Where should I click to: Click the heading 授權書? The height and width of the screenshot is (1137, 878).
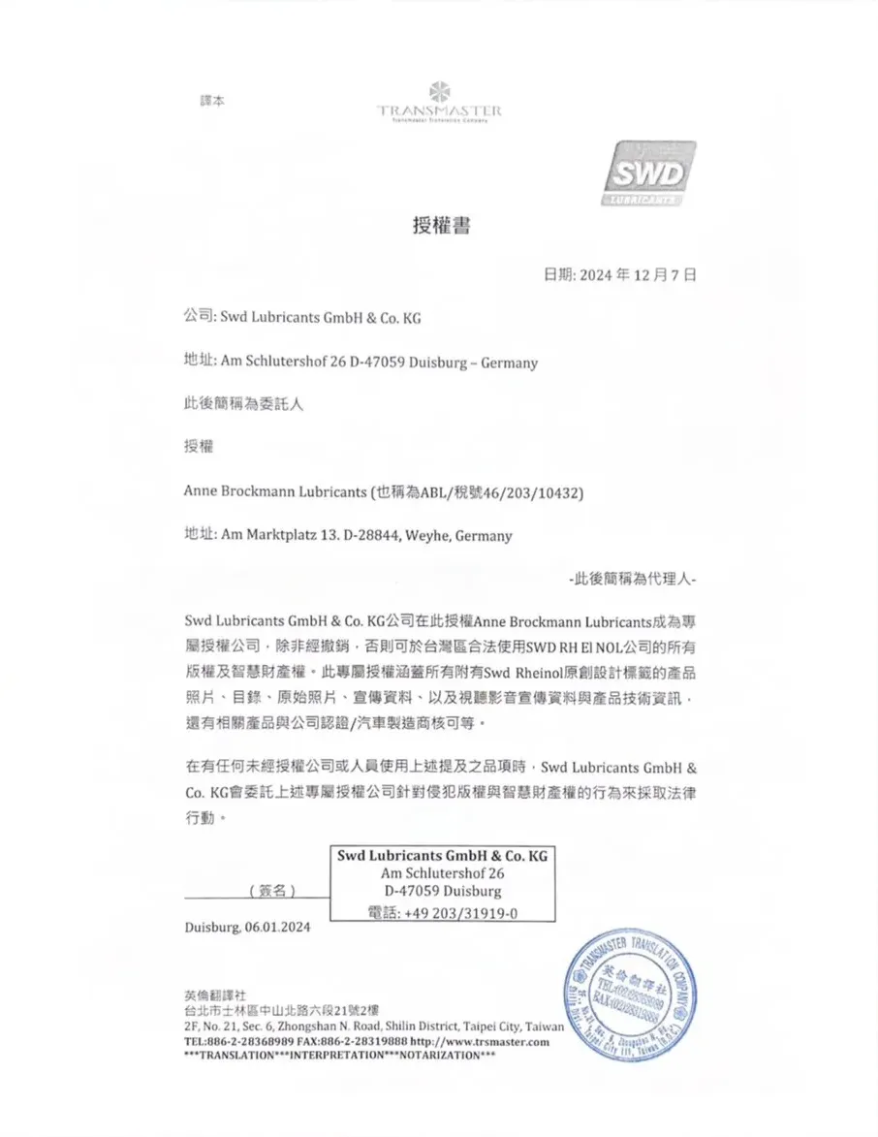[x=441, y=227]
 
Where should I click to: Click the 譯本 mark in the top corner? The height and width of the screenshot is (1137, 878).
[x=211, y=101]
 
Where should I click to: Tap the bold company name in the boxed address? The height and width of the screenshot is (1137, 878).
[x=442, y=857]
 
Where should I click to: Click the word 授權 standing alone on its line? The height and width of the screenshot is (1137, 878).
[x=199, y=447]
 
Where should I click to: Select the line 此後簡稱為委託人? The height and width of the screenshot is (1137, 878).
[x=244, y=404]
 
